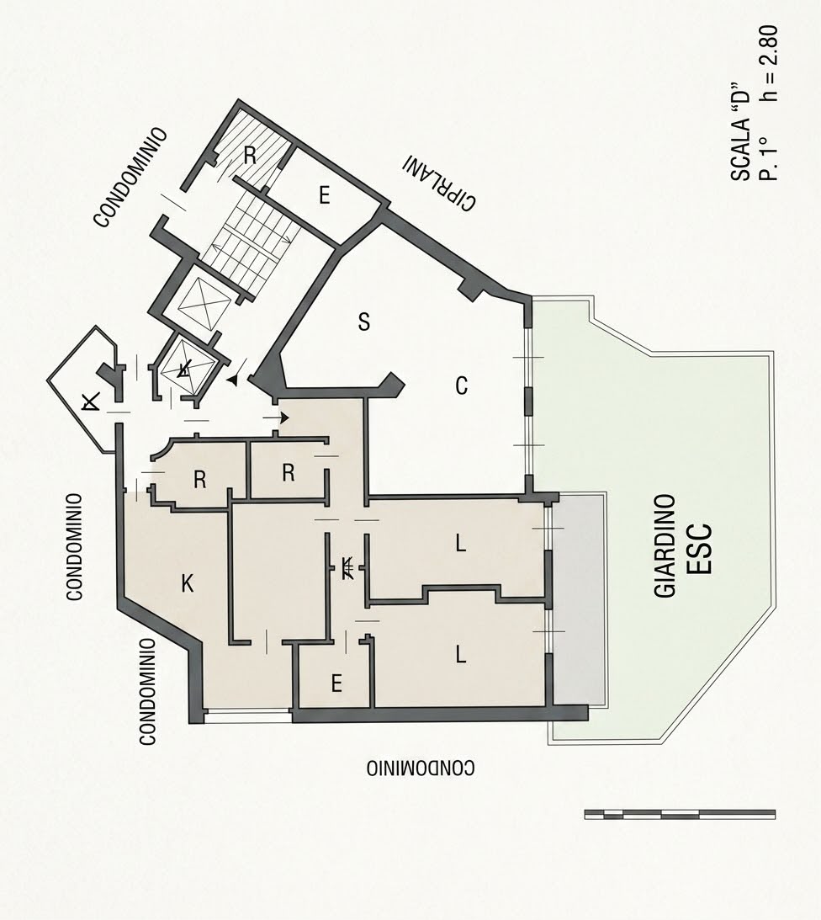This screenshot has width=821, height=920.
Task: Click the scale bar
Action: [680, 814]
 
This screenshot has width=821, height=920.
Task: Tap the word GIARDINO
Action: [665, 546]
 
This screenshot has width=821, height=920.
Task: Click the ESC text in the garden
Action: [700, 548]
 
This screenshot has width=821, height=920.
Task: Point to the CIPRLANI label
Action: [439, 183]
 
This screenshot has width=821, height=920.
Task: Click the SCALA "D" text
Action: [741, 131]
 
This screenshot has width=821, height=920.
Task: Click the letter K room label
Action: [187, 583]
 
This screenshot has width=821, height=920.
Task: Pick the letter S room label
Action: [364, 322]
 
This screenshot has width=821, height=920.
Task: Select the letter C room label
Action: [462, 386]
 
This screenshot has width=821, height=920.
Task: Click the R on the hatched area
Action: [250, 156]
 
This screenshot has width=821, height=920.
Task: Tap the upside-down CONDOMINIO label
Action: [421, 768]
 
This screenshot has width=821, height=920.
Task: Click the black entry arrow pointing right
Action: [276, 417]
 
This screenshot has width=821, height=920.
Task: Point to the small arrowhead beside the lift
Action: [233, 380]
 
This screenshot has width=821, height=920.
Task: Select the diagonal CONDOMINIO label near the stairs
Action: [131, 178]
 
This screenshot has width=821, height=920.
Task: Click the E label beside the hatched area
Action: [325, 194]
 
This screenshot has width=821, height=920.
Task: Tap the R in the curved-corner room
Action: [200, 480]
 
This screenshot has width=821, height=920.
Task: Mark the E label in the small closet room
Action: [336, 683]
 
